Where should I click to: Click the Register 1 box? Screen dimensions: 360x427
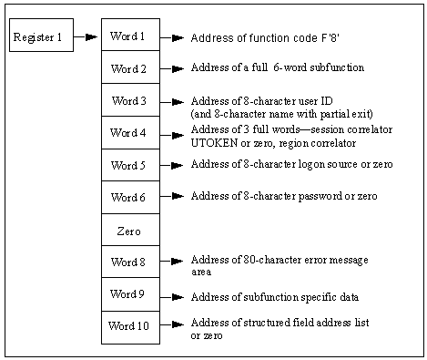pyautogui.click(x=41, y=37)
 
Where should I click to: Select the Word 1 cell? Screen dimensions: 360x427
pyautogui.click(x=130, y=36)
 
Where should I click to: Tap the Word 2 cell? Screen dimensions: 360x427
pyautogui.click(x=130, y=69)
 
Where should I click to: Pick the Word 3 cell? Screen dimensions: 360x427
pyautogui.click(x=130, y=101)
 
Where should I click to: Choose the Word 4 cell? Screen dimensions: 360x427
pyautogui.click(x=130, y=133)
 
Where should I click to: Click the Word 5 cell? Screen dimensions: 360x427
pyautogui.click(x=130, y=166)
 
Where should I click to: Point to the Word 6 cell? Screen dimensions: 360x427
pyautogui.click(x=130, y=197)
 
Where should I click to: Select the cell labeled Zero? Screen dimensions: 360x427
pyautogui.click(x=130, y=231)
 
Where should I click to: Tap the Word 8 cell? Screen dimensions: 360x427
pyautogui.click(x=130, y=262)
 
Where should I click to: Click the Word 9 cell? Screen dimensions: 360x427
pyautogui.click(x=130, y=294)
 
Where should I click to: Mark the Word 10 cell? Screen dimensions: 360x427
pyautogui.click(x=130, y=326)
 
